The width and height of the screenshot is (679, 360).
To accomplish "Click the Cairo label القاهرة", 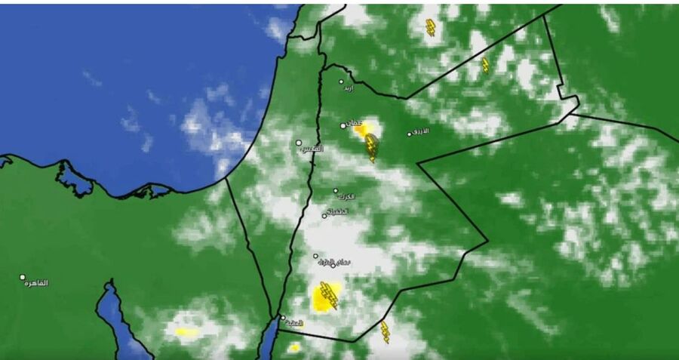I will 36,283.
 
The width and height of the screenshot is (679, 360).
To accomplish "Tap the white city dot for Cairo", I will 23,277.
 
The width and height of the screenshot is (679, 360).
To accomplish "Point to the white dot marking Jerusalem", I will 299,142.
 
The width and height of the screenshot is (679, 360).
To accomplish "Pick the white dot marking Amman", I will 343,126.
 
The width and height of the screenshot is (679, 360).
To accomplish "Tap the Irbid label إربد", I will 348,88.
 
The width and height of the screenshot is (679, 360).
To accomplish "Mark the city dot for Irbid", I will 341,82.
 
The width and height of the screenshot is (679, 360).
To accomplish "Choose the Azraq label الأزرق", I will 421,131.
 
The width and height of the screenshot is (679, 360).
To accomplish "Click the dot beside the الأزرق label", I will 410,134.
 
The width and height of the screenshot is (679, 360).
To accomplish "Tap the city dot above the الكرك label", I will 336,191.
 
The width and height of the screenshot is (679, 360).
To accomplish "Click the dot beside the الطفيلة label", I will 325,216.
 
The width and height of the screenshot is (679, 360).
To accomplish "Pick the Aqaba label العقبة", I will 295,323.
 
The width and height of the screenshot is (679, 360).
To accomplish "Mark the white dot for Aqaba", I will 283,318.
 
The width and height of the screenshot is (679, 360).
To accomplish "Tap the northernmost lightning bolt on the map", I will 431,28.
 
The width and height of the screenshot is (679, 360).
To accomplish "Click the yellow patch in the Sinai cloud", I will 186,331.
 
